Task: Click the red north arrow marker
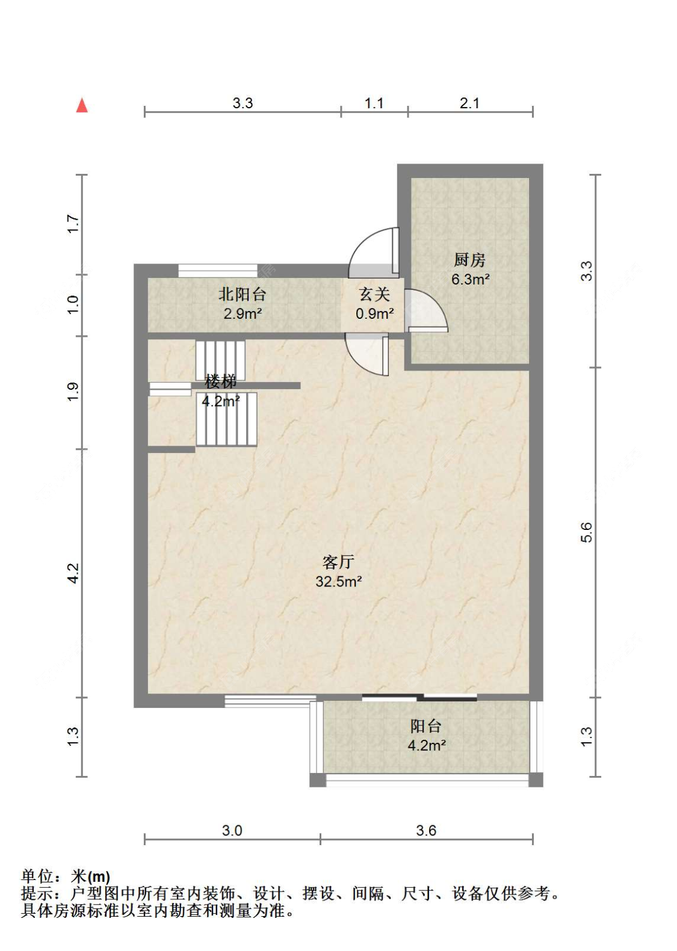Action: point(82,106)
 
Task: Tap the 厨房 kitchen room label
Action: point(470,260)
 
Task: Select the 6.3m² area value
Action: point(470,279)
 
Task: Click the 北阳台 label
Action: point(242,294)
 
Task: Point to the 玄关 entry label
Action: point(374,294)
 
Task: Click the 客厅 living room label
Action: point(338,562)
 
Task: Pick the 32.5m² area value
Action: point(338,581)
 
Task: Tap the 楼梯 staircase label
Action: point(220,382)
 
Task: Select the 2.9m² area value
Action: point(243,314)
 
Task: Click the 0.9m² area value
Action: point(374,314)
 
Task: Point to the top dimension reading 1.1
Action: point(374,103)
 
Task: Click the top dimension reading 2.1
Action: point(469,103)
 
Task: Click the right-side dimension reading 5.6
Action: point(586,532)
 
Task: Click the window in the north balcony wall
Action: point(218,271)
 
